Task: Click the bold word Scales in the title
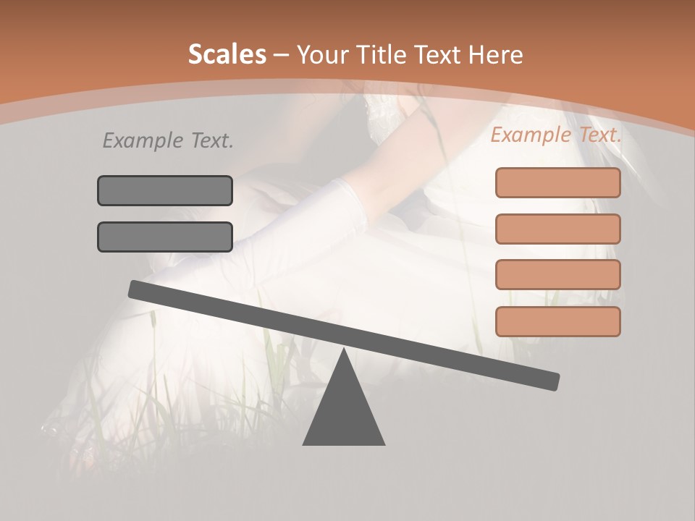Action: point(227,54)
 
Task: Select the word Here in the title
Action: point(494,54)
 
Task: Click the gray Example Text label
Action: point(168,141)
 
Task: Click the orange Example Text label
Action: point(556,135)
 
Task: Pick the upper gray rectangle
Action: point(165,190)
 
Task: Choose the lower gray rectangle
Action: point(165,237)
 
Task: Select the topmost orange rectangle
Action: point(558,182)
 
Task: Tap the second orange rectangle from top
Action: point(558,229)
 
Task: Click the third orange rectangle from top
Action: point(558,274)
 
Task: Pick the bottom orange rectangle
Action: point(558,321)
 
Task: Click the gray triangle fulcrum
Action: point(344,412)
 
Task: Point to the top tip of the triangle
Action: point(344,352)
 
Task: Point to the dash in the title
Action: point(282,55)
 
